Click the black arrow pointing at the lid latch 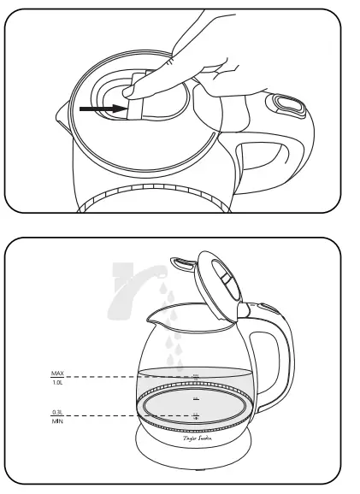(98, 109)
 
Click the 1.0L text (58, 382)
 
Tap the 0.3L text (58, 411)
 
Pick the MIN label (58, 421)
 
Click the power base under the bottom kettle (196, 449)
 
